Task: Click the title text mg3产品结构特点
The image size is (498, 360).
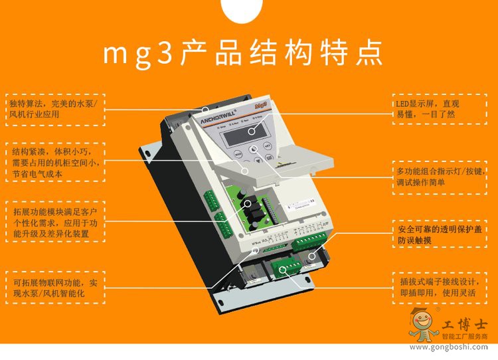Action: tap(244, 54)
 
